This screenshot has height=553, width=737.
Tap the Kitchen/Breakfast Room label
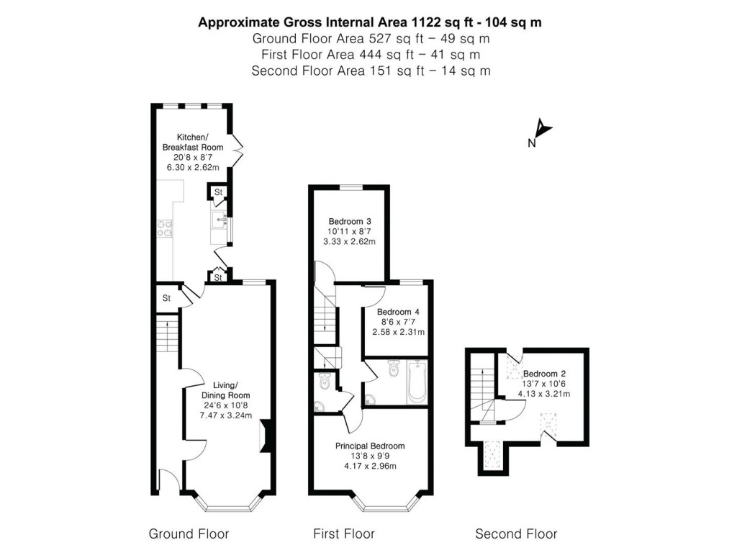[x=192, y=142]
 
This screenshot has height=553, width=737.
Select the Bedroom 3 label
[x=349, y=220]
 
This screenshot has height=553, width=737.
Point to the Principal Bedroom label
[x=370, y=446]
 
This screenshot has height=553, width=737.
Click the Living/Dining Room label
[x=226, y=390]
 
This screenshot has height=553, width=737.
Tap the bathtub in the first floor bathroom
[x=418, y=382]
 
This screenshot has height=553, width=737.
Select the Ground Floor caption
[x=189, y=534]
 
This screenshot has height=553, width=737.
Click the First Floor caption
[x=343, y=534]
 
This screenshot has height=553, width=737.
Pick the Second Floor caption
[x=516, y=534]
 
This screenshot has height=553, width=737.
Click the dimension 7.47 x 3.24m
[x=226, y=415]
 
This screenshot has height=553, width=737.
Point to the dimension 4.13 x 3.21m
[x=543, y=394]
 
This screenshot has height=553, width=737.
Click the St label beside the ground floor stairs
[x=166, y=297]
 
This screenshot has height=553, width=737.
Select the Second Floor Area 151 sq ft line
[x=370, y=71]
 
